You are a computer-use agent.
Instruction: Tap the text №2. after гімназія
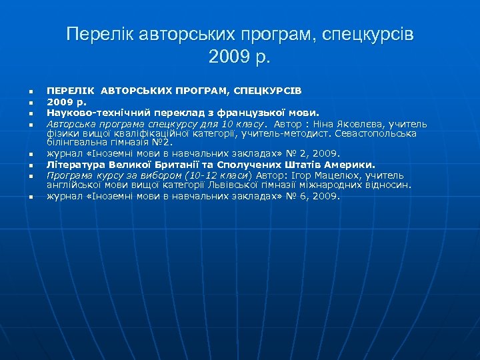pos(161,142)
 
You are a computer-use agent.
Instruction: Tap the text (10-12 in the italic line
pos(185,175)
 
